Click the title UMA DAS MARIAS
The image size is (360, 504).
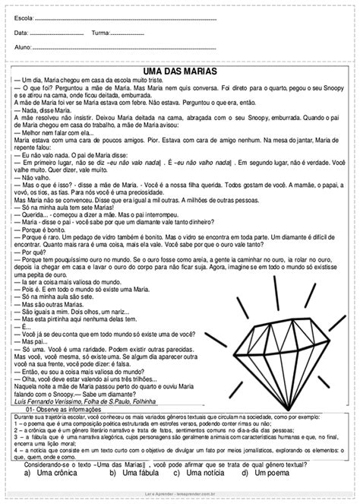pos(180,71)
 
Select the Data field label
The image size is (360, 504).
pos(22,33)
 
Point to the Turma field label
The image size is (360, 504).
pos(102,33)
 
